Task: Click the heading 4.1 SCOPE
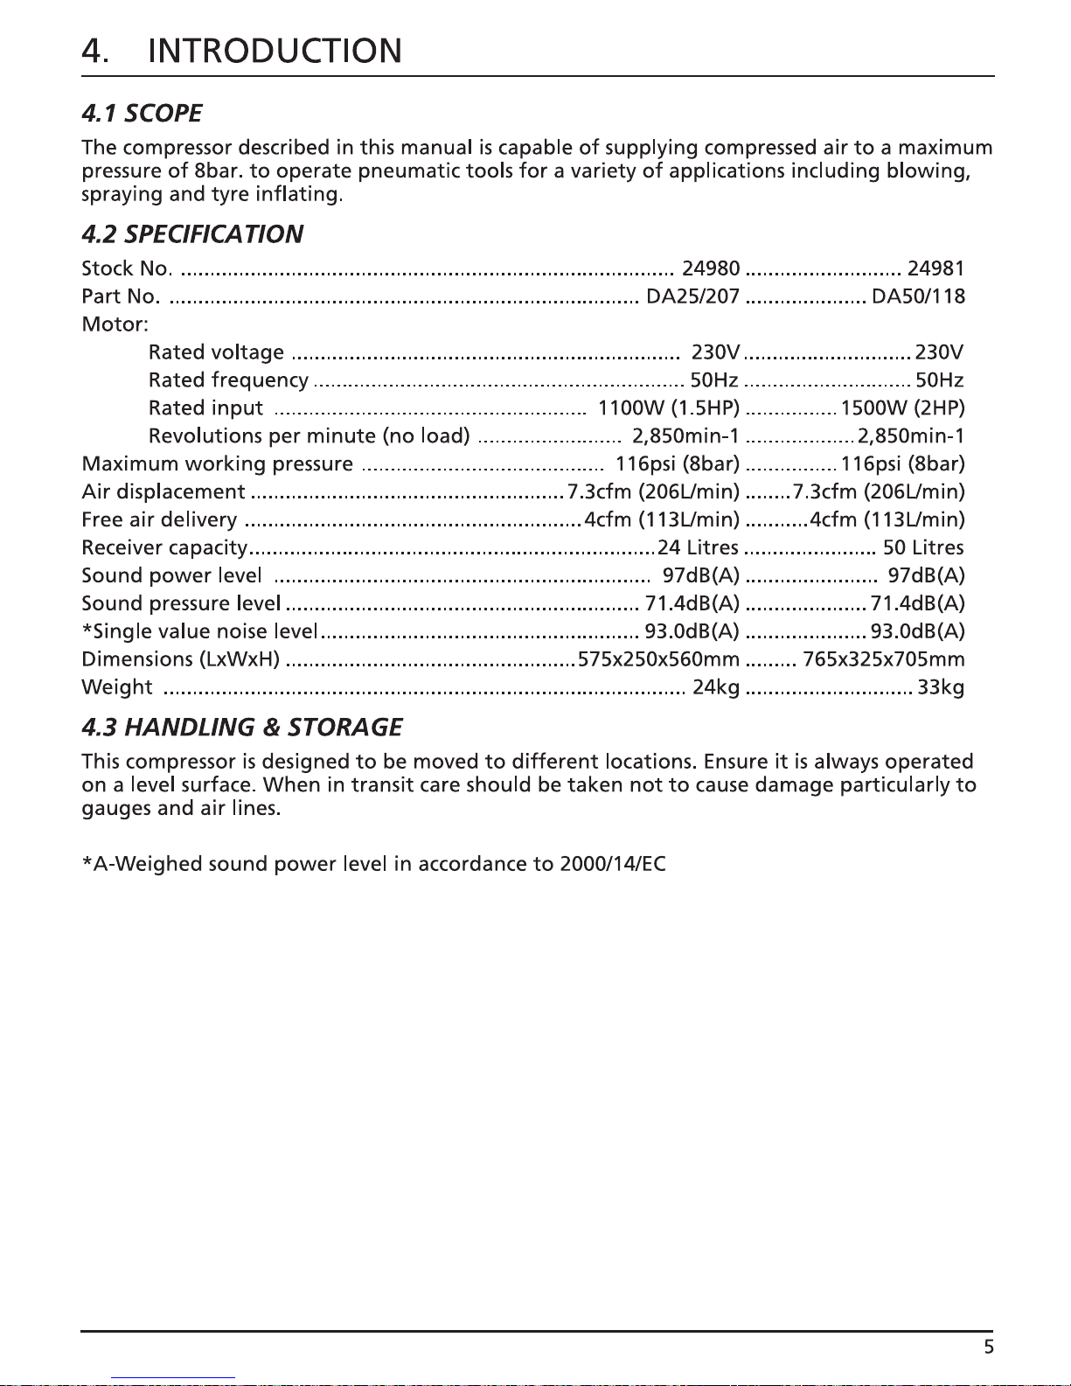point(142,114)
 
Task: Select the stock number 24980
point(711,268)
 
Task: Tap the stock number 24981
point(935,268)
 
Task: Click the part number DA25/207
point(692,296)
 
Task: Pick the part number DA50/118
point(918,296)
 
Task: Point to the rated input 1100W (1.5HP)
point(669,408)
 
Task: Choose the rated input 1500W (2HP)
point(902,408)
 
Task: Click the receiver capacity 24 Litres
point(699,548)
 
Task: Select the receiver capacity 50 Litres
point(923,548)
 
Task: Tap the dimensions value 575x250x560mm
point(658,659)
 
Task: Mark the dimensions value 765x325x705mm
point(883,659)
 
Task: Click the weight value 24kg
point(716,687)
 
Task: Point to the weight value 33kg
point(941,687)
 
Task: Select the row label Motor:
point(115,324)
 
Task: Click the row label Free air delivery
point(159,520)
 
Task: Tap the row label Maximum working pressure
point(218,464)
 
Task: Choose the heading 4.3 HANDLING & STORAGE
point(242,728)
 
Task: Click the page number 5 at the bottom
point(989,1347)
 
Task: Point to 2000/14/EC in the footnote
point(613,865)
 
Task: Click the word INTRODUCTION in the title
point(275,52)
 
